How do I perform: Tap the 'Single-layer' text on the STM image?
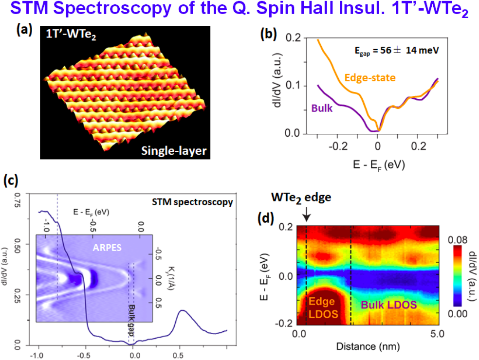click(x=174, y=151)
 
